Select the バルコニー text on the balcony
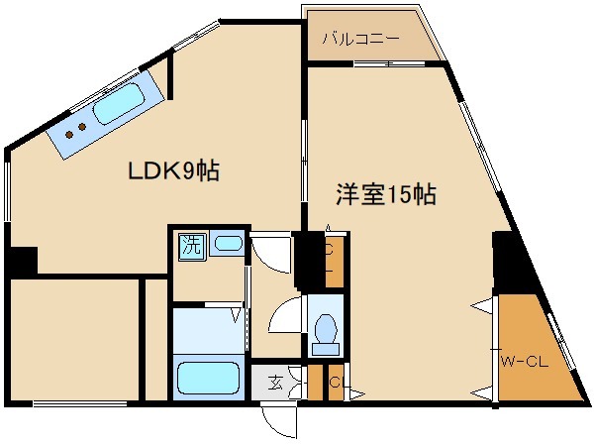click(360, 41)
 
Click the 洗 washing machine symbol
click(190, 245)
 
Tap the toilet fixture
click(325, 332)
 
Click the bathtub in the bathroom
click(208, 378)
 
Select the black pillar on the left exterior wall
click(20, 261)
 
